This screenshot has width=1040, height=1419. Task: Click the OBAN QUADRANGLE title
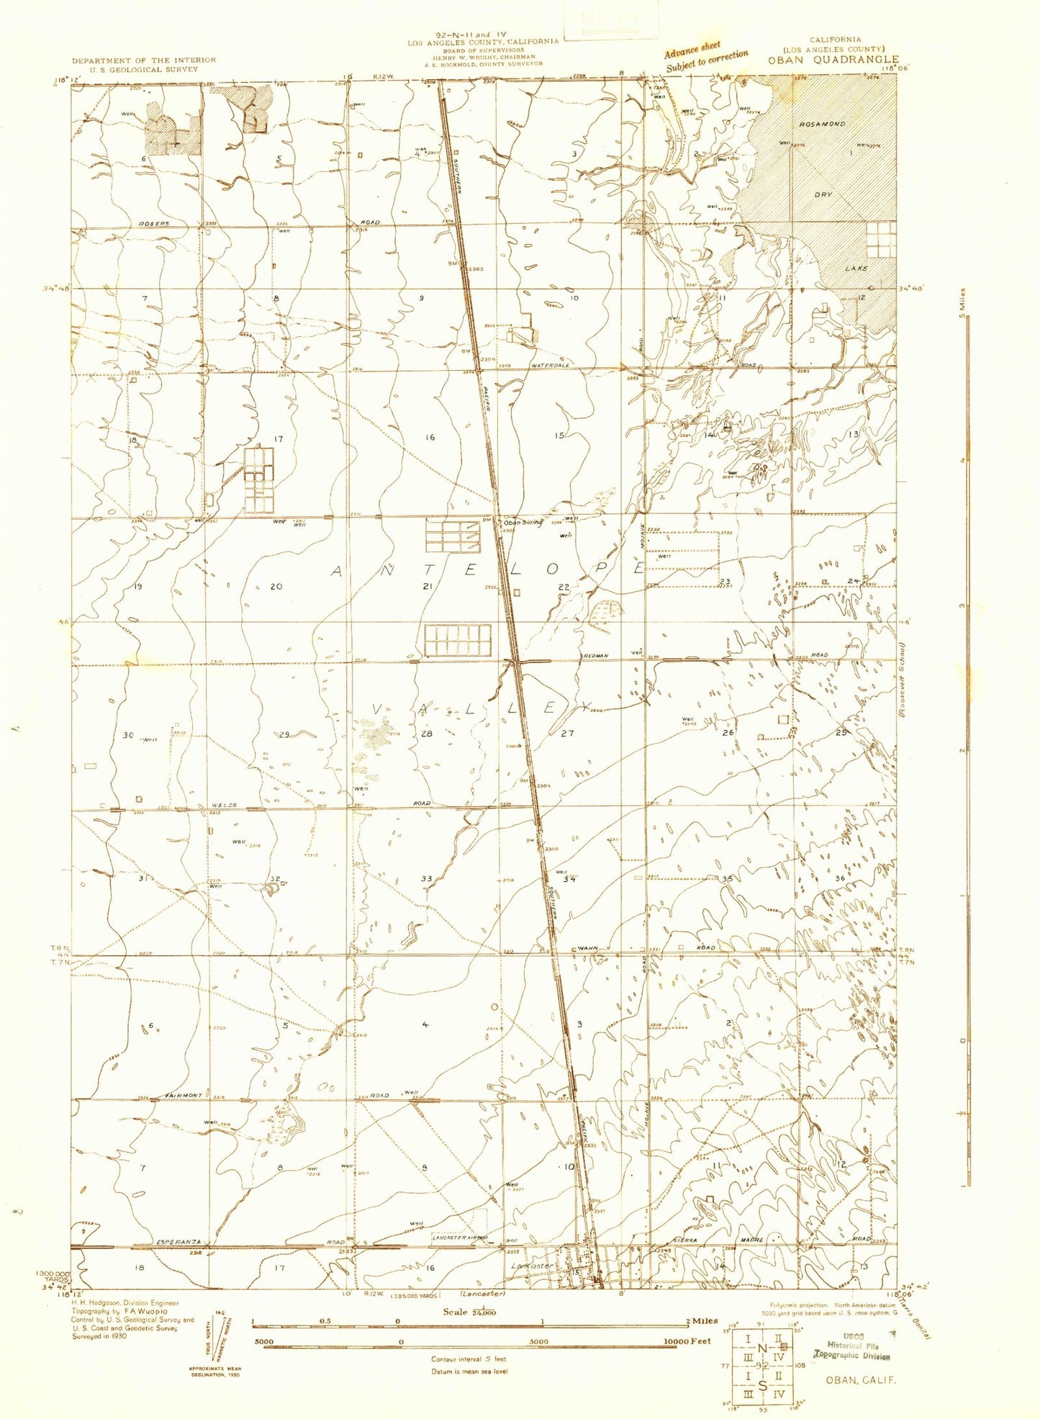(833, 60)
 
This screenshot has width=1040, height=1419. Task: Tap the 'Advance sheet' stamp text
(692, 50)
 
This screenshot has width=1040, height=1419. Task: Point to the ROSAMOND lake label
(821, 124)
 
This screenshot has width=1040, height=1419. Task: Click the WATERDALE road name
(551, 366)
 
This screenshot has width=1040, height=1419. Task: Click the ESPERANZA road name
(178, 1243)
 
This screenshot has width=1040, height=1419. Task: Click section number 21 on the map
(428, 587)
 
